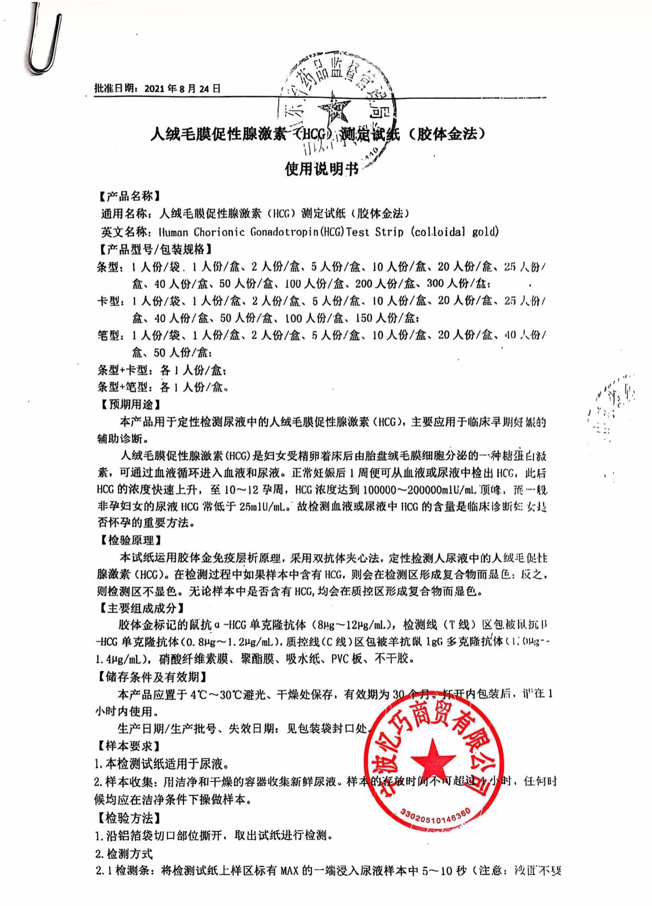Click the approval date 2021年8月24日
[182, 89]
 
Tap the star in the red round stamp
[432, 759]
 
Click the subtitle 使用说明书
[321, 169]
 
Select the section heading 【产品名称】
[129, 196]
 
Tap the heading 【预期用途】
[129, 404]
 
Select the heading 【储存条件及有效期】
[152, 677]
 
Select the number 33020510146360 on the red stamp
[436, 818]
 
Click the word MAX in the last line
[289, 870]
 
